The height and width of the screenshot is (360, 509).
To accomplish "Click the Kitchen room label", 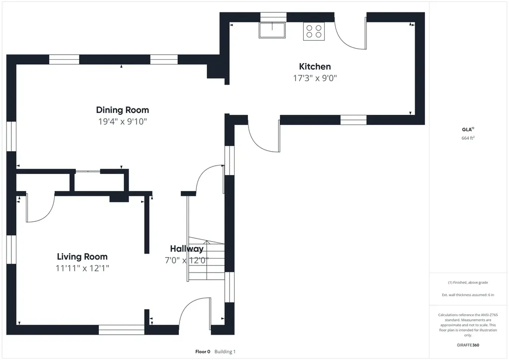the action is [315, 67].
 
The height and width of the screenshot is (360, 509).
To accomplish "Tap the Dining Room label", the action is [122, 110].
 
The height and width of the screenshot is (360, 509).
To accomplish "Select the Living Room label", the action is [82, 257].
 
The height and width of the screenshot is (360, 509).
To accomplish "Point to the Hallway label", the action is [187, 249].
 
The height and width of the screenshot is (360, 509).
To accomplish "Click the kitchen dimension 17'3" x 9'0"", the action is [315, 78].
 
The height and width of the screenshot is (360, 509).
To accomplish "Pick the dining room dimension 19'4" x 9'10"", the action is [122, 122].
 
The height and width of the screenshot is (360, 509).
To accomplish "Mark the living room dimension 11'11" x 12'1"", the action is [82, 269].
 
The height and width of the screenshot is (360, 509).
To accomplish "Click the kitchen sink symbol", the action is [272, 30].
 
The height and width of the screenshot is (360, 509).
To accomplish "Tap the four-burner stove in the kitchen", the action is [314, 31].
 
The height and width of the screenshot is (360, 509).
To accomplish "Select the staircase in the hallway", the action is [206, 259].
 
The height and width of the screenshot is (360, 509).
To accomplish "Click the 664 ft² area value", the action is [468, 138].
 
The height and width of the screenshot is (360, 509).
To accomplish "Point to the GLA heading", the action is [468, 129].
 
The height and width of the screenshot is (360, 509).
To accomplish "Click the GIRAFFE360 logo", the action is [468, 345].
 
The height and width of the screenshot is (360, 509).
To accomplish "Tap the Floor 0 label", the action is [203, 352].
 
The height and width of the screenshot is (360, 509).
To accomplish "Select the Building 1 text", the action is [225, 352].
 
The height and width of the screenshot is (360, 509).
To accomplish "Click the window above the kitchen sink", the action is [273, 17].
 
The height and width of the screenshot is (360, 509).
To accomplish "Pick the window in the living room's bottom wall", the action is [121, 330].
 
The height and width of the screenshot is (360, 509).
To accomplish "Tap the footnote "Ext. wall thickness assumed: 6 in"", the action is [468, 295].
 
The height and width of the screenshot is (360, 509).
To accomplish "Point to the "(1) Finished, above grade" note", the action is [468, 282].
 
